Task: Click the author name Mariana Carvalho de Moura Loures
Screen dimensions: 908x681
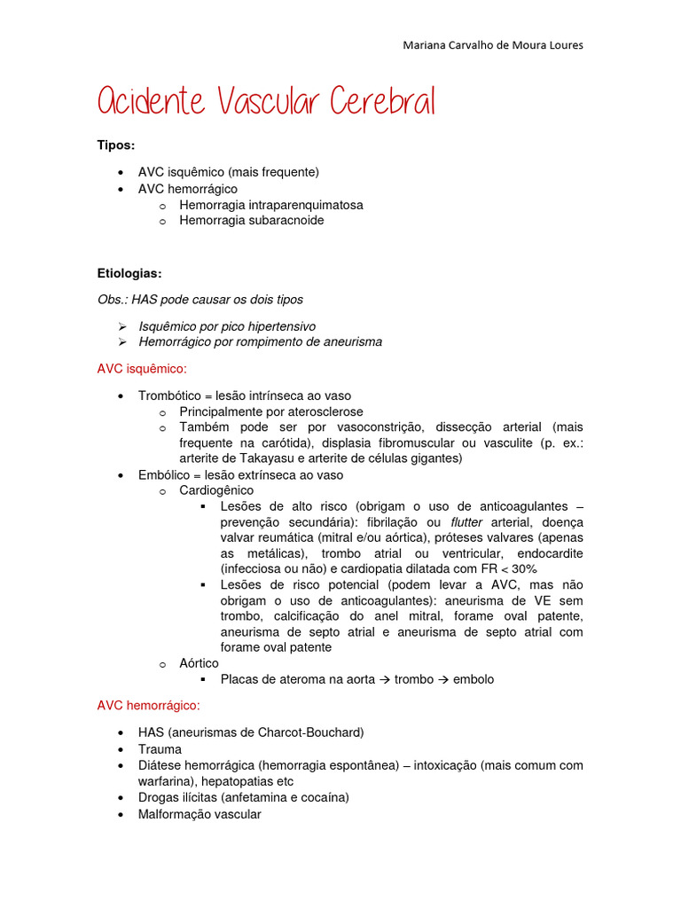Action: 492,45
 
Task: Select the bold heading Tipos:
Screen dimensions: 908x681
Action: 115,145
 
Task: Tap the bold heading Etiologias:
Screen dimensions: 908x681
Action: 129,273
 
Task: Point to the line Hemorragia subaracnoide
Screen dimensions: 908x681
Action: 251,221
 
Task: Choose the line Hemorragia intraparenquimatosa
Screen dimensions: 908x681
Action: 270,205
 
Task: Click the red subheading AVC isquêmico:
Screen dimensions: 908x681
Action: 142,368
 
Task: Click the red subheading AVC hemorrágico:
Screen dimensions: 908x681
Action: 148,706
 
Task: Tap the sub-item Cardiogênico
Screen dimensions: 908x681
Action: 216,490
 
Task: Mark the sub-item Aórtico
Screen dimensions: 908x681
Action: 199,663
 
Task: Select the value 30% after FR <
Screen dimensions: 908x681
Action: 521,568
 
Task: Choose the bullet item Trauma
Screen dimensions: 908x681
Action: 160,749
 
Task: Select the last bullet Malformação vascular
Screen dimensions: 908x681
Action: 200,813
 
